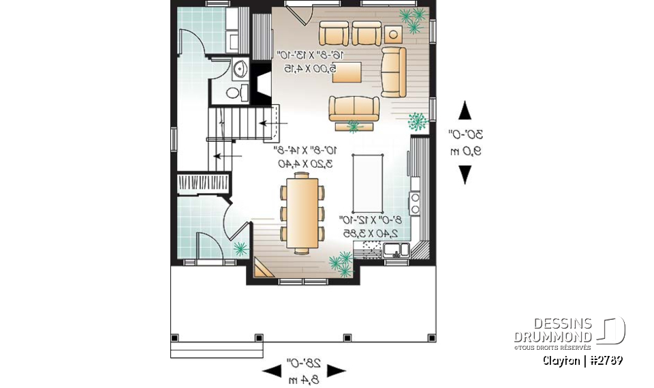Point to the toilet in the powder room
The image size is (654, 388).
tap(234, 92)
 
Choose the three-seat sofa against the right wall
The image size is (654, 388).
tap(393, 72)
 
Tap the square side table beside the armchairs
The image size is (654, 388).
tap(393, 33)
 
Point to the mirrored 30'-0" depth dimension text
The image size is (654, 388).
tap(465, 134)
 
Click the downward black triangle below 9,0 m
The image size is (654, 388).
tap(465, 175)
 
